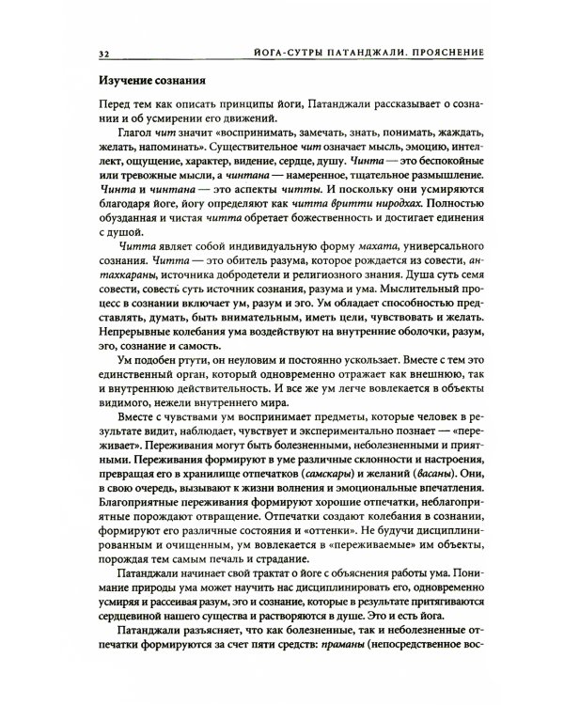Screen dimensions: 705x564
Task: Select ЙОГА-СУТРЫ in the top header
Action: click(x=286, y=50)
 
